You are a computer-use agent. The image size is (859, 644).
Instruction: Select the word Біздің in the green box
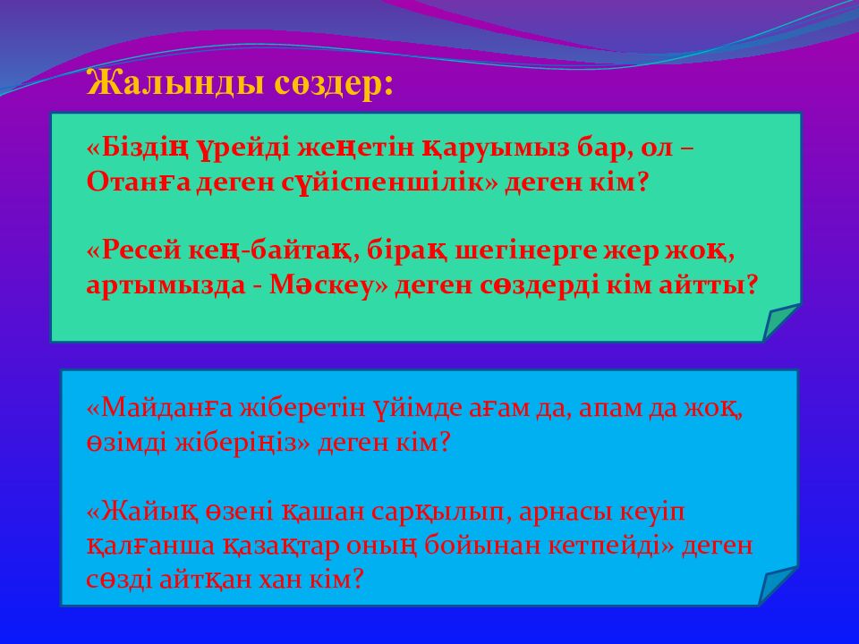click(142, 148)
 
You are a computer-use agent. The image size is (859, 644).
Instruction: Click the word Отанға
click(127, 182)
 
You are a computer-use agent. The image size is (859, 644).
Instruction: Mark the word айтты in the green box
click(711, 285)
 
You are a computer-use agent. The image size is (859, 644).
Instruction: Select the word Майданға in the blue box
click(159, 409)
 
